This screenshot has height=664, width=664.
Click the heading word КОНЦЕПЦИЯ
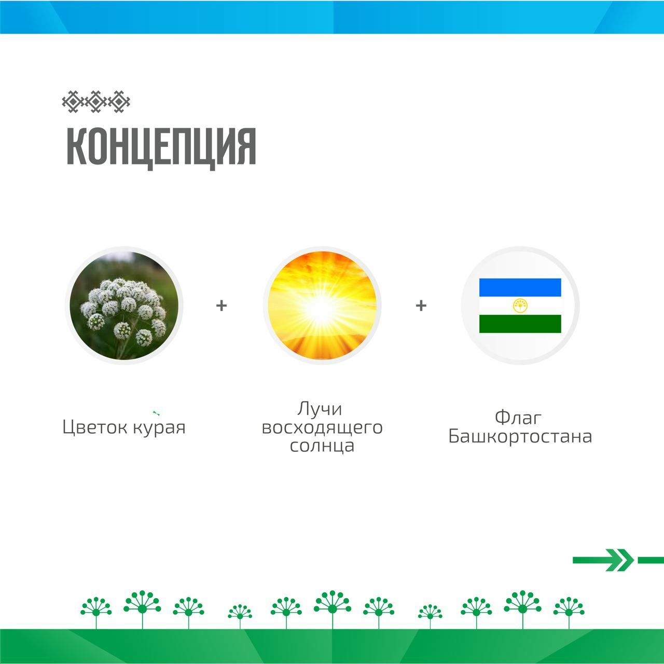click(161, 147)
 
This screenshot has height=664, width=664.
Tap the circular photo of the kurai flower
click(124, 306)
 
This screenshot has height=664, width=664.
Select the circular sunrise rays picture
click(322, 306)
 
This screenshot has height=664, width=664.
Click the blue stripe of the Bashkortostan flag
click(520, 287)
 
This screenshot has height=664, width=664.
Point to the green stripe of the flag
click(520, 324)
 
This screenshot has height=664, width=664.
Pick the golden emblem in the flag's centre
click(520, 306)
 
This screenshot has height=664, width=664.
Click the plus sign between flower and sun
click(222, 306)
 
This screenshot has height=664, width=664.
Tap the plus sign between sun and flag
click(421, 306)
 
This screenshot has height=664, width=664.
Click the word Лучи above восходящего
click(320, 409)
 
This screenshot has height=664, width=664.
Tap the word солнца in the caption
click(322, 446)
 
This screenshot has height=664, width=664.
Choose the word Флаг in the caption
click(518, 418)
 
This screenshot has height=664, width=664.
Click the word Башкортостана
click(520, 436)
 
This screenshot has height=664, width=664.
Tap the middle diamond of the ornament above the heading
click(96, 102)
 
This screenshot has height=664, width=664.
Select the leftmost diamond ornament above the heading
click(73, 102)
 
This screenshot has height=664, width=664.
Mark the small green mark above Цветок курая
click(156, 412)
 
